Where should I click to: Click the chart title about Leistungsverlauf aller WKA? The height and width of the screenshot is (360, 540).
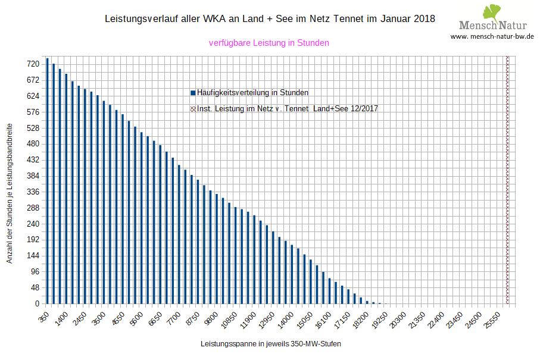click(270, 19)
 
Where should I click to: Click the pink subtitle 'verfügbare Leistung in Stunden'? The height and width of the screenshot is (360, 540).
click(269, 43)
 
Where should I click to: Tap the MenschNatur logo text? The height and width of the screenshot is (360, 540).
click(492, 26)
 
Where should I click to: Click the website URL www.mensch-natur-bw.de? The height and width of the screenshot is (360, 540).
click(492, 36)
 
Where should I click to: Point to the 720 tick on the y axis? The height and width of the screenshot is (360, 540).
click(33, 64)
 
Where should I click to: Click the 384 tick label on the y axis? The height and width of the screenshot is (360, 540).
click(33, 176)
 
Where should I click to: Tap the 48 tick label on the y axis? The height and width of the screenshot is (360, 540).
click(35, 288)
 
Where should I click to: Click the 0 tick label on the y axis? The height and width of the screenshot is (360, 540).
click(36, 304)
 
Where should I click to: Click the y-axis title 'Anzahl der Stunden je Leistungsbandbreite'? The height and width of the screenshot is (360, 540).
click(10, 194)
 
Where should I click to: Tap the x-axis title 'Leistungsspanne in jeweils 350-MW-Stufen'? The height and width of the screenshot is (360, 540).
click(271, 344)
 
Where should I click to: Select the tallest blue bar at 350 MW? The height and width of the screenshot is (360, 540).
click(47, 181)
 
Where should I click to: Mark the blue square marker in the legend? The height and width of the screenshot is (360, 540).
click(193, 93)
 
